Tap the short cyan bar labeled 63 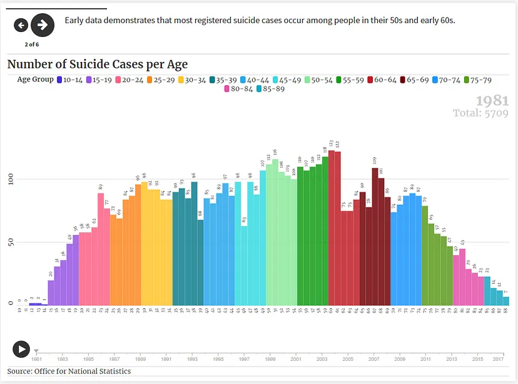coord(244,266)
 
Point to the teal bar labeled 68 coord(200,262)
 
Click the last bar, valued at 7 coord(505,301)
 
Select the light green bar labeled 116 coord(275,232)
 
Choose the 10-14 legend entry coord(69,80)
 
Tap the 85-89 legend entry coord(270,89)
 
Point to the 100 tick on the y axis coord(9,180)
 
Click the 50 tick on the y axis coord(9,242)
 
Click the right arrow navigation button coord(43,25)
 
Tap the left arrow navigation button coord(21,25)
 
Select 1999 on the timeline coord(270,359)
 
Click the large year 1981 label coord(492,101)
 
